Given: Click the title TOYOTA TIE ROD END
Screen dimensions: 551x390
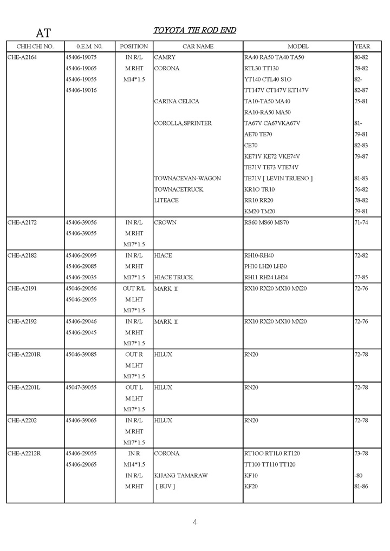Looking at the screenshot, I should pyautogui.click(x=194, y=30).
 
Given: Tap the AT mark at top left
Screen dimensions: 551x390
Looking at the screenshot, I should pyautogui.click(x=43, y=33).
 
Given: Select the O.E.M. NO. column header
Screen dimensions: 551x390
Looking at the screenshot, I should pyautogui.click(x=89, y=47).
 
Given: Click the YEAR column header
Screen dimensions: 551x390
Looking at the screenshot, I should pyautogui.click(x=362, y=47).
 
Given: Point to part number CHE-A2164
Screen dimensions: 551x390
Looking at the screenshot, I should pyautogui.click(x=22, y=57).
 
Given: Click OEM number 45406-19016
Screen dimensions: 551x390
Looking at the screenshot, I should pyautogui.click(x=81, y=90).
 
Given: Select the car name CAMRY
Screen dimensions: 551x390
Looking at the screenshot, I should pyautogui.click(x=165, y=57).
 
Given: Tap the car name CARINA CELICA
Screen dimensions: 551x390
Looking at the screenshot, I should pyautogui.click(x=177, y=101).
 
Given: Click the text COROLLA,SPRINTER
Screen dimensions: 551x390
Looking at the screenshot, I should pyautogui.click(x=183, y=123).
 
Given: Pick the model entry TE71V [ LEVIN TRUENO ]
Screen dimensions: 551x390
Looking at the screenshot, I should pyautogui.click(x=278, y=179).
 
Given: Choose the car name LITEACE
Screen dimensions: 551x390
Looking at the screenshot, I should pyautogui.click(x=166, y=200).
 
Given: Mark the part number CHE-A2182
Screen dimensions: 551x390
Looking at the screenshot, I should pyautogui.click(x=22, y=255).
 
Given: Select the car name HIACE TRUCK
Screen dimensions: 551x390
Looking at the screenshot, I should pyautogui.click(x=173, y=278).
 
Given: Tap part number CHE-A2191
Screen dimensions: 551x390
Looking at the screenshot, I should pyautogui.click(x=22, y=288).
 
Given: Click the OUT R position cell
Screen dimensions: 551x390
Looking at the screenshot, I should pyautogui.click(x=134, y=355).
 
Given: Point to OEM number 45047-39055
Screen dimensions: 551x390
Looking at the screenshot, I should pyautogui.click(x=81, y=388).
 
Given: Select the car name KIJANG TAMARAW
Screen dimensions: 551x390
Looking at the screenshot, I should pyautogui.click(x=181, y=476).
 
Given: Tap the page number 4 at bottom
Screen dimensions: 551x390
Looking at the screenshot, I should pyautogui.click(x=194, y=522).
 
